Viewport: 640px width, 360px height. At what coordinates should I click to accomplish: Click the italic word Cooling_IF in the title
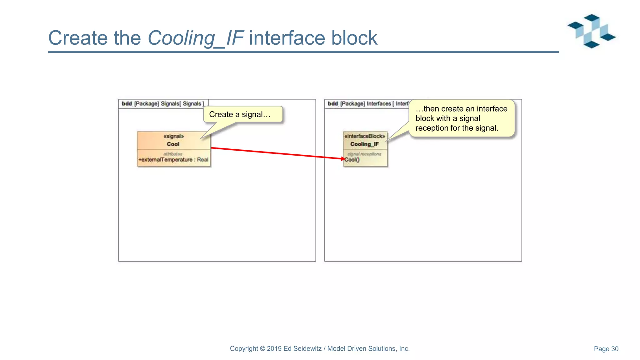pos(195,38)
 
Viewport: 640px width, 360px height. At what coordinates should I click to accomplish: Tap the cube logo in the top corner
pos(591,31)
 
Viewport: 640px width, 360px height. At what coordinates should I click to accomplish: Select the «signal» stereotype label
pos(173,136)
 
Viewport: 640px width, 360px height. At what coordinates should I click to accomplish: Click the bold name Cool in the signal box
pos(173,144)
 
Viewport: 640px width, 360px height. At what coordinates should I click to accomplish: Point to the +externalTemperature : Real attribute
pos(173,160)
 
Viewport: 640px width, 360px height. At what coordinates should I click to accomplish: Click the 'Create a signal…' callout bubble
pos(240,114)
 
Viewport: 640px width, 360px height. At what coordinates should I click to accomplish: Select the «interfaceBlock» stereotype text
pos(364,136)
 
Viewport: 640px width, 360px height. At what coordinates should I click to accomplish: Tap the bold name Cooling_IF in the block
pos(364,144)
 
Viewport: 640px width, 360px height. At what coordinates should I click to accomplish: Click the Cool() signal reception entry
pos(352,160)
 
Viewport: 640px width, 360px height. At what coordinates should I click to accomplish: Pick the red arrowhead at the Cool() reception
pos(343,159)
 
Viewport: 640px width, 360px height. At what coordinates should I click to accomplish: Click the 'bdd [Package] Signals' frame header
pos(163,104)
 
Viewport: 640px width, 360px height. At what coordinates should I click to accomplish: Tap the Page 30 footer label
pos(606,349)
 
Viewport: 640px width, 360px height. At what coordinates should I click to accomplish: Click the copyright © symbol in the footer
pos(262,349)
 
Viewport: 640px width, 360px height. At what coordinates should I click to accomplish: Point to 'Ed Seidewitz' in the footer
pos(302,349)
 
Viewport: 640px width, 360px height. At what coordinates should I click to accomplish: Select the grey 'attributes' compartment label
pos(173,154)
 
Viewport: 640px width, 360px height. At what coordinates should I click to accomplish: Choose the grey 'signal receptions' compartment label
pos(364,154)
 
